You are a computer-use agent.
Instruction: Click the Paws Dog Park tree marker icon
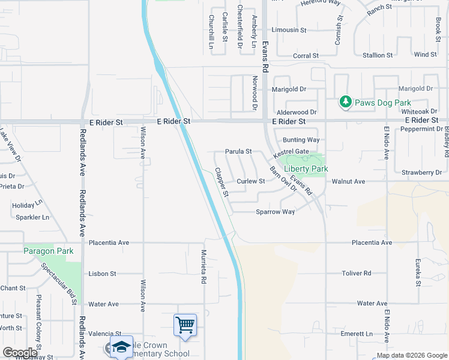[x=345, y=103]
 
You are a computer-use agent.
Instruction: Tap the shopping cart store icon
[x=185, y=325]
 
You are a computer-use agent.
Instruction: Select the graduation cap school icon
[x=121, y=347]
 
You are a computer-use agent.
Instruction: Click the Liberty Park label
[x=306, y=169]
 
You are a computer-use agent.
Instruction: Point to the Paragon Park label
[x=48, y=251]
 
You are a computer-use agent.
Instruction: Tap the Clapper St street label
[x=222, y=182]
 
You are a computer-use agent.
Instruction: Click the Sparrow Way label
[x=276, y=212]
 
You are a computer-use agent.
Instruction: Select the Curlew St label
[x=251, y=181]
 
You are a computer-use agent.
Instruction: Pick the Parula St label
[x=238, y=152]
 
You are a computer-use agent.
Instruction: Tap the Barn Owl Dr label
[x=283, y=178]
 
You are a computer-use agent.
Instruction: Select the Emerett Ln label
[x=357, y=334]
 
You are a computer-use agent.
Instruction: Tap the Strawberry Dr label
[x=422, y=172]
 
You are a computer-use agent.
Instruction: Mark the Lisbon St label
[x=102, y=274]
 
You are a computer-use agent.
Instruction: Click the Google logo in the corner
[x=20, y=353]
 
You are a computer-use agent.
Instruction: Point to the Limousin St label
[x=289, y=29]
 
